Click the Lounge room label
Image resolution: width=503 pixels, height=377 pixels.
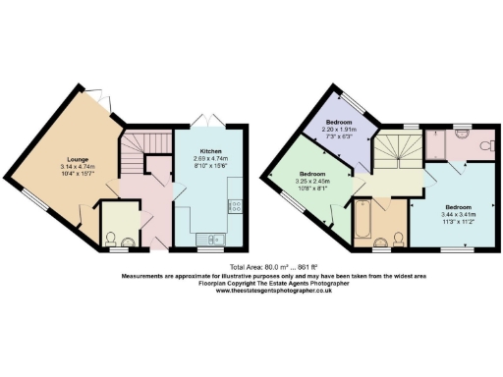pos(79,158)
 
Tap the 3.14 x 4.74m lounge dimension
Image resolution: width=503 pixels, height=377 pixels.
pos(79,167)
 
